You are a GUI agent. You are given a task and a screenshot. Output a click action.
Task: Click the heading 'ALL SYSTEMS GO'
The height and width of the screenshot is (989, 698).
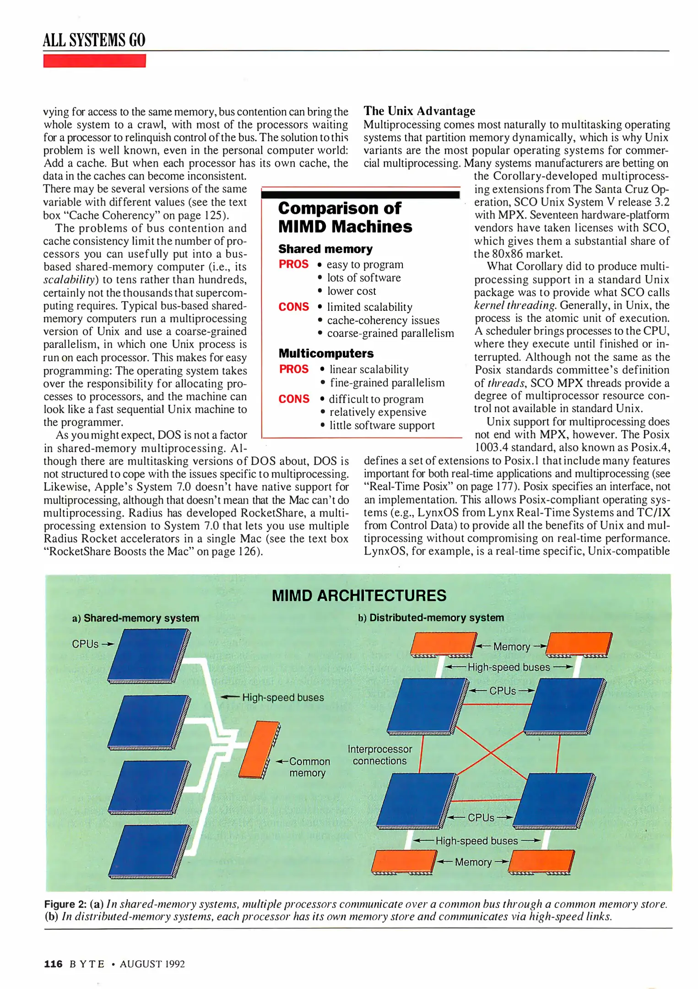coord(94,40)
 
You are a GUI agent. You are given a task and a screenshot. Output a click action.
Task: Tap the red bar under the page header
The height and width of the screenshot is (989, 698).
coord(94,61)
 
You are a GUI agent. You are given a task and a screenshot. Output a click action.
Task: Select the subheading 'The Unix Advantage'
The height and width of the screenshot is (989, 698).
coord(419,111)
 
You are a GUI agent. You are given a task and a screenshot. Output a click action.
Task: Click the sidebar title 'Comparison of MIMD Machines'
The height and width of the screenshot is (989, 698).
coord(345,217)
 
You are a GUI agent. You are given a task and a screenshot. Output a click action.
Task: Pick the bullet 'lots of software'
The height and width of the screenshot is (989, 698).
coord(363,278)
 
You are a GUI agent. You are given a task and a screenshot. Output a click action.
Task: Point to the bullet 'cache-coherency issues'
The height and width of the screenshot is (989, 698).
coord(383,321)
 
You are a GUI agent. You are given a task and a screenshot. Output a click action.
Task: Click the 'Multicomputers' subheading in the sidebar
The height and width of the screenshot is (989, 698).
coord(326,353)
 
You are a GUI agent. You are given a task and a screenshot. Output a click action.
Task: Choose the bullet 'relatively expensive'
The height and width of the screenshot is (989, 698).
coord(378,412)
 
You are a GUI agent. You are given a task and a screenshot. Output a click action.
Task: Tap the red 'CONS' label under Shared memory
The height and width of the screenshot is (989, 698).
coord(293,307)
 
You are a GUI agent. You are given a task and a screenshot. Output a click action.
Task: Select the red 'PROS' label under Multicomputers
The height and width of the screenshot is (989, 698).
coord(294,369)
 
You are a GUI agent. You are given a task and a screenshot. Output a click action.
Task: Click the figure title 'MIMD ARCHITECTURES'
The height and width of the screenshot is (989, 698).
coord(359,596)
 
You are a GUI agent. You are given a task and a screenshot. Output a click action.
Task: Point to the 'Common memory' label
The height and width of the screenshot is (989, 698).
coord(308,767)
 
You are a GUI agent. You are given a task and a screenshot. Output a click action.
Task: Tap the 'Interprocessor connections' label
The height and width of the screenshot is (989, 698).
coord(379,755)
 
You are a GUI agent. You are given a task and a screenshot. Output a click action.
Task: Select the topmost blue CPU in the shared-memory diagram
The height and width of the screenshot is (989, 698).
coord(149,655)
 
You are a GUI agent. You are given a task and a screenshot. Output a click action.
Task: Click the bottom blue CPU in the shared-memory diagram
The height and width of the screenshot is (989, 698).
coord(149,852)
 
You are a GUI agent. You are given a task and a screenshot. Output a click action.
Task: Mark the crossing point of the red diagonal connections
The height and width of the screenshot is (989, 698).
coord(491,752)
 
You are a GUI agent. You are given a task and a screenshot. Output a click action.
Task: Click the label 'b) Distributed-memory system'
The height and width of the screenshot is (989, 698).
coord(431,618)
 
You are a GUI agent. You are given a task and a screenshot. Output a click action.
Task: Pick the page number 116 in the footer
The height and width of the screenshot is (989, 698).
coord(53,964)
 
